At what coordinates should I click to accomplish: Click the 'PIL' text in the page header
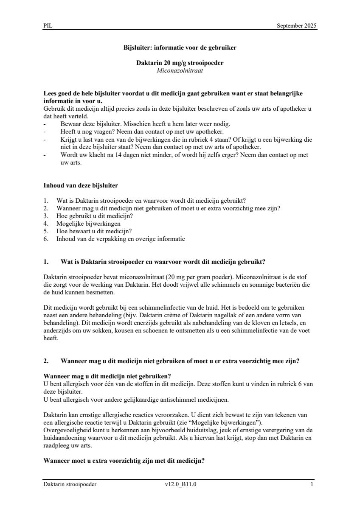[48, 26]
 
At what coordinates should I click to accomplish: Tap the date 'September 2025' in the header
[296, 26]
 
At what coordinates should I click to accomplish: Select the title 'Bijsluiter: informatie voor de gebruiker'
[180, 48]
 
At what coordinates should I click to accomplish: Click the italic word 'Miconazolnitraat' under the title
[180, 70]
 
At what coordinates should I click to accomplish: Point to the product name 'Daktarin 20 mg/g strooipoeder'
[180, 63]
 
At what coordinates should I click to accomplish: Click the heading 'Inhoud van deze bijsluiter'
[81, 185]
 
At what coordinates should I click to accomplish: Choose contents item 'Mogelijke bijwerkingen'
[88, 224]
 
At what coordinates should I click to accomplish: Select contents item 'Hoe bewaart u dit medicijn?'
[94, 231]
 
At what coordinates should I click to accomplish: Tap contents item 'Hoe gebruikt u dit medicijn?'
[95, 216]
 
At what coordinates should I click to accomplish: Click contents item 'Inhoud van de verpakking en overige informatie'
[121, 239]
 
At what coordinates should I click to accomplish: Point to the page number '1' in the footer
[312, 484]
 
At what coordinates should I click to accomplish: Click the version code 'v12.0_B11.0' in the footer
[180, 484]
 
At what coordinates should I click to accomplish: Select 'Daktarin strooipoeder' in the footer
[70, 484]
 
